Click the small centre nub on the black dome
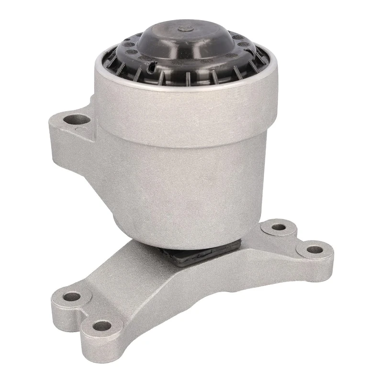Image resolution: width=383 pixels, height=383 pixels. coord(183,30)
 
